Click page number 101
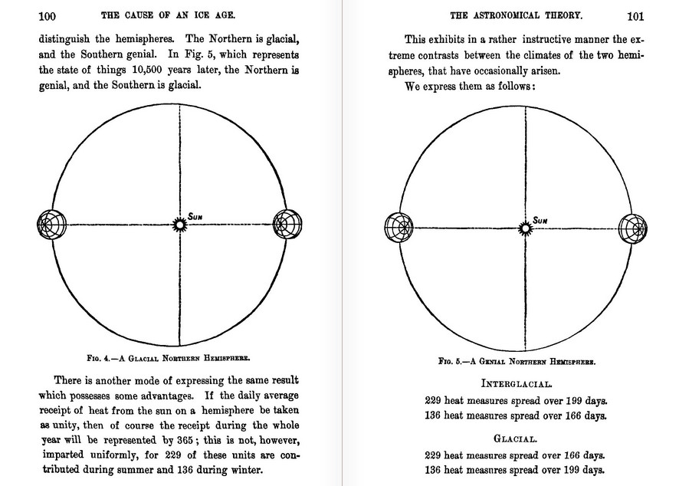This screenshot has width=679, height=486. tap(635, 15)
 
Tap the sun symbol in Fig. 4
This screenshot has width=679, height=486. tap(179, 225)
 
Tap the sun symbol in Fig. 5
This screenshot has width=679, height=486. tap(526, 227)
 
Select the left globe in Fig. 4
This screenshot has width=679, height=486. tap(49, 225)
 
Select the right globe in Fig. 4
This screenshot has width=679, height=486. tap(286, 225)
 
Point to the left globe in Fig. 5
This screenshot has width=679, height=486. tap(394, 228)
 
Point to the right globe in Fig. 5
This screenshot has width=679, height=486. tap(632, 228)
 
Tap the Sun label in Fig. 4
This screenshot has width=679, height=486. tap(196, 217)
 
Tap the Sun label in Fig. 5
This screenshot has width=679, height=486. tap(540, 220)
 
